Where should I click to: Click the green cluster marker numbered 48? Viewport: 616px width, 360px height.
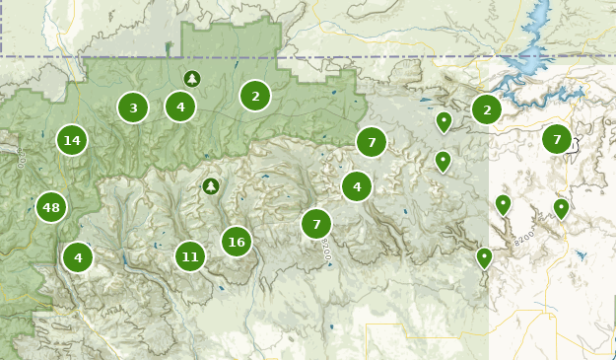pos(51,208)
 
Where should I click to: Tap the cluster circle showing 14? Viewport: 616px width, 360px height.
pos(72,140)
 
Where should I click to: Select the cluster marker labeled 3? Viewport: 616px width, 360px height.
pos(133,108)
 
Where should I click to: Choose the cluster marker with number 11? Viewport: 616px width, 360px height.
pos(190,256)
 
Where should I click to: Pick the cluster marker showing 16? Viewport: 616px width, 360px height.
pos(236,241)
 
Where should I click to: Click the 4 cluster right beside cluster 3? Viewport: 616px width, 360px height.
pos(180,106)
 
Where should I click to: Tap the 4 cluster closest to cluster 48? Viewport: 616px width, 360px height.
pos(78,257)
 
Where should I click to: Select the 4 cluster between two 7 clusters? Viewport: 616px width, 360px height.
pos(357,185)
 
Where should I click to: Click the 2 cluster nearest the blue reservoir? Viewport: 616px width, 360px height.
pos(487,109)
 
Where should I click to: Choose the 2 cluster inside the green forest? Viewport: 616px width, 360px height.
pos(255,96)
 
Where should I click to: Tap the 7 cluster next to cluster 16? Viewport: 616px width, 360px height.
pos(316,224)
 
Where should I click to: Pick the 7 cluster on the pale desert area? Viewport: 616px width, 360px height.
pos(557,139)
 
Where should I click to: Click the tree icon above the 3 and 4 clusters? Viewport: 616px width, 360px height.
pos(191,78)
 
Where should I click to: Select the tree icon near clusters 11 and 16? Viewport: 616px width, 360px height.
pos(210,185)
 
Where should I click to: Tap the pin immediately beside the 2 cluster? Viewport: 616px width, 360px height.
pos(445,121)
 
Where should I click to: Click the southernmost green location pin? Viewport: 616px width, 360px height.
pos(484,256)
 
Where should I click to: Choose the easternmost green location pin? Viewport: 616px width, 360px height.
pos(561,207)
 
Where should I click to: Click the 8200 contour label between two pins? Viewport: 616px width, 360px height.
pos(523,238)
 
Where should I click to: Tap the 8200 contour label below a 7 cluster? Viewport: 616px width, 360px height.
pos(326,252)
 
